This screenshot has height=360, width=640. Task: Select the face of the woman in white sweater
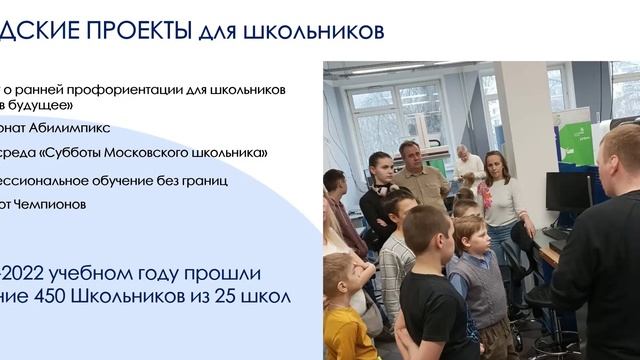pyautogui.click(x=497, y=164)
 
